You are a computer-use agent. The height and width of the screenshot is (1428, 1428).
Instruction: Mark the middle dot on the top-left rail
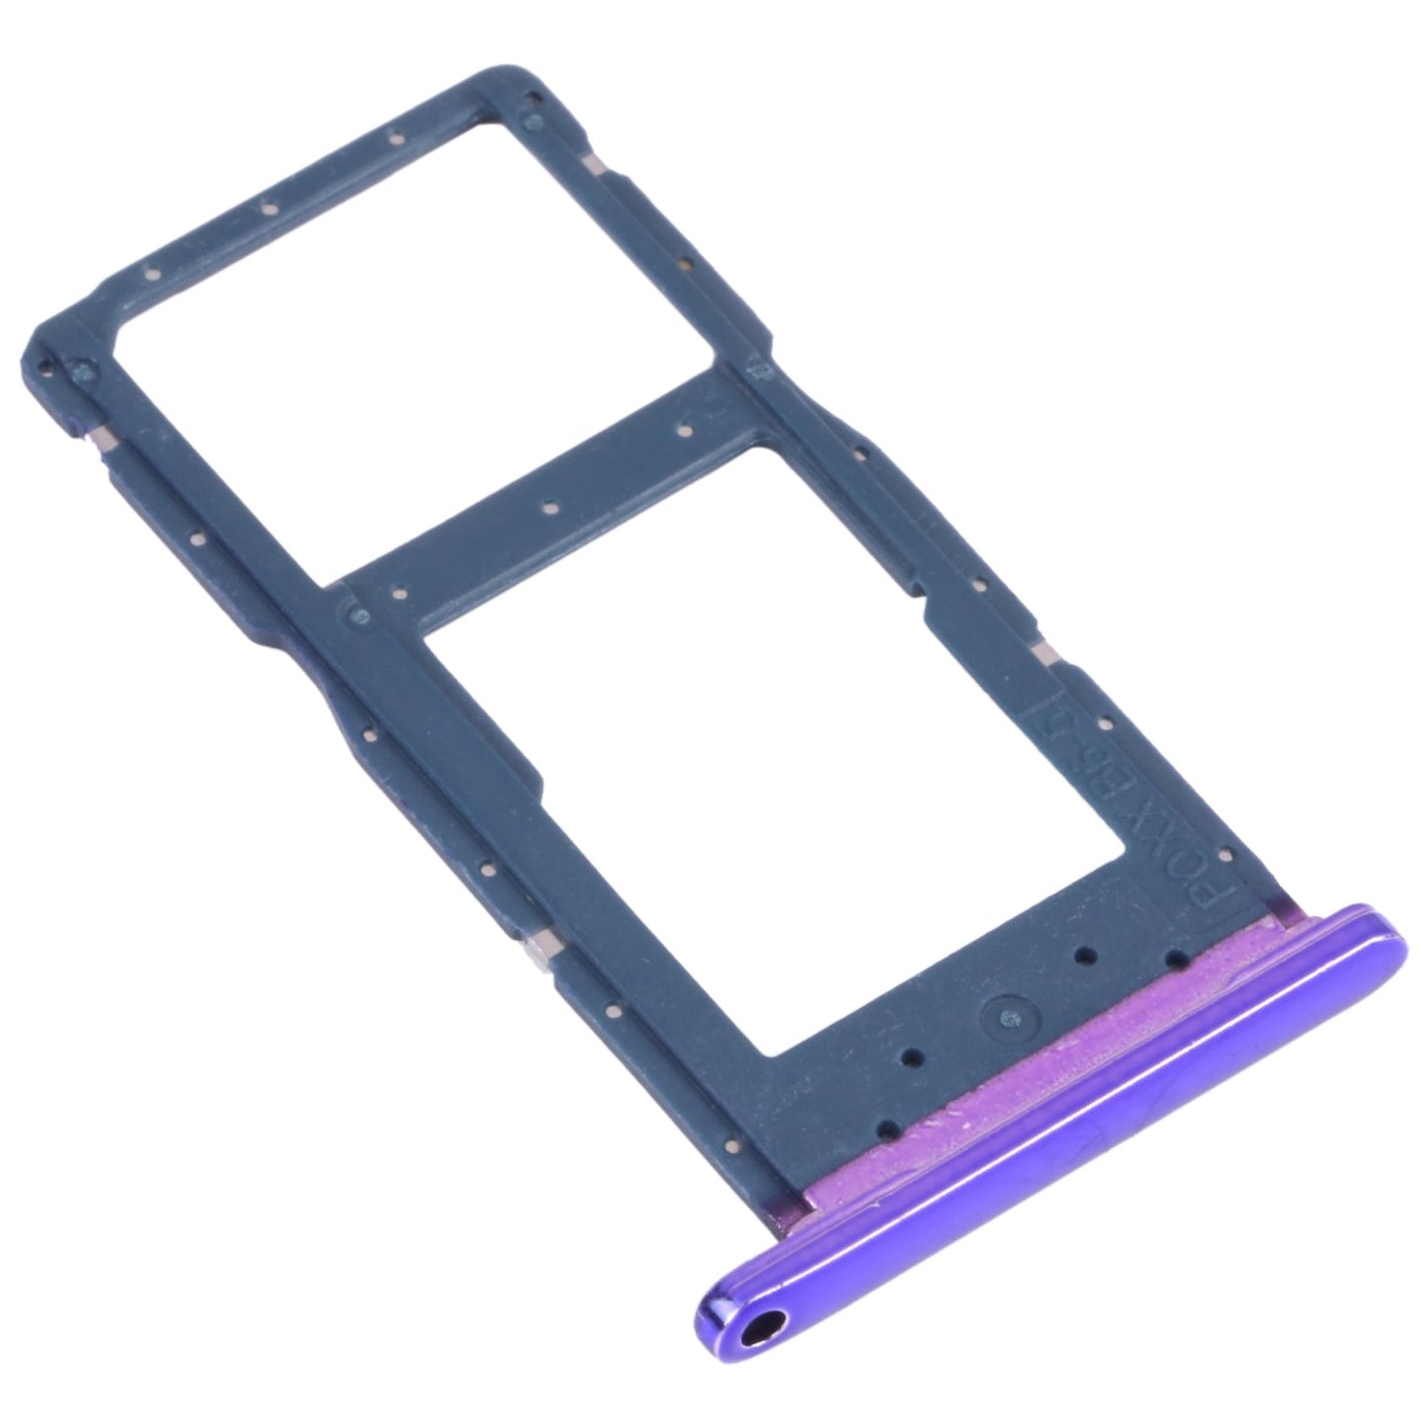267,209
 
